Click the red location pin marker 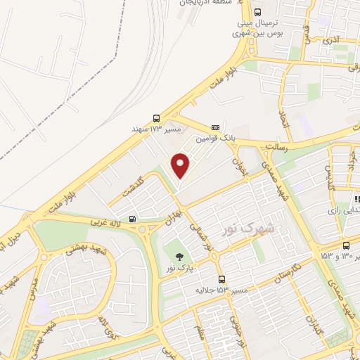coord(181,165)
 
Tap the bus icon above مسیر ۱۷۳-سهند coord(156,119)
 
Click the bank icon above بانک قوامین coord(215,127)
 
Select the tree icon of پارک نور coord(178,255)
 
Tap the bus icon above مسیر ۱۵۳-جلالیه coord(221,279)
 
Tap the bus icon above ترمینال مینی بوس coord(257,11)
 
